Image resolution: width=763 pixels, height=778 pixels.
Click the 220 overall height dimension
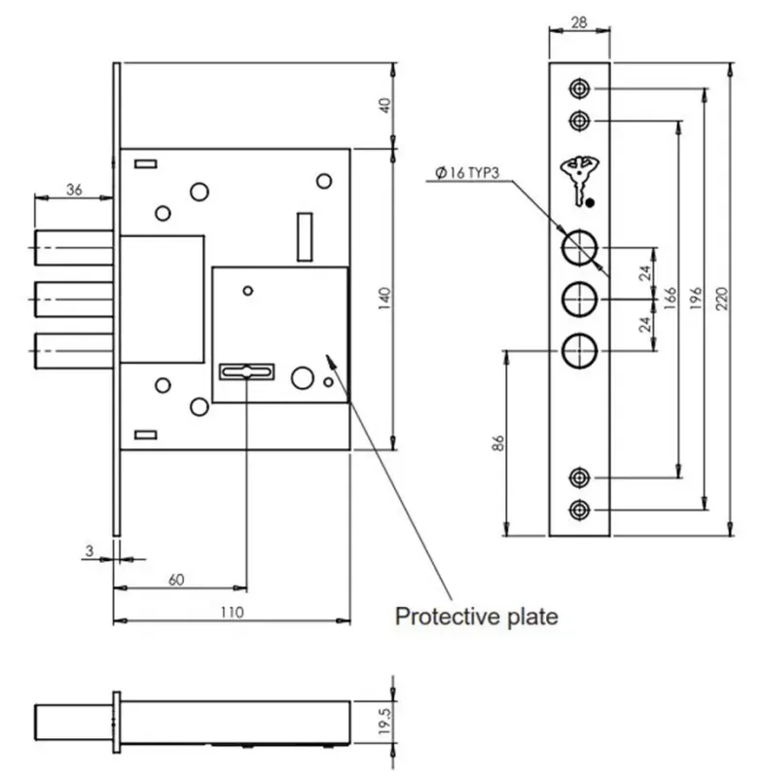click(722, 299)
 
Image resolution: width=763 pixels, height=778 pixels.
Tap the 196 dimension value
click(696, 299)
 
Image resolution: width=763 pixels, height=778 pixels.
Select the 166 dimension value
click(671, 299)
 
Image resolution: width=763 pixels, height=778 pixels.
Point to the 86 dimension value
click(498, 443)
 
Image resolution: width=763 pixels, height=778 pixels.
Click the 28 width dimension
click(579, 22)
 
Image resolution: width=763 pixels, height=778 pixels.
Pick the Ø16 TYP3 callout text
click(467, 173)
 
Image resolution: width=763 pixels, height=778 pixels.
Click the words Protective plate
click(477, 617)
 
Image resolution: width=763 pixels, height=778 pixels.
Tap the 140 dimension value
click(385, 299)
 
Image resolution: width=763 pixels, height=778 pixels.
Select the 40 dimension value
click(385, 106)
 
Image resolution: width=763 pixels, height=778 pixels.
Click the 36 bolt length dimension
click(74, 190)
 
